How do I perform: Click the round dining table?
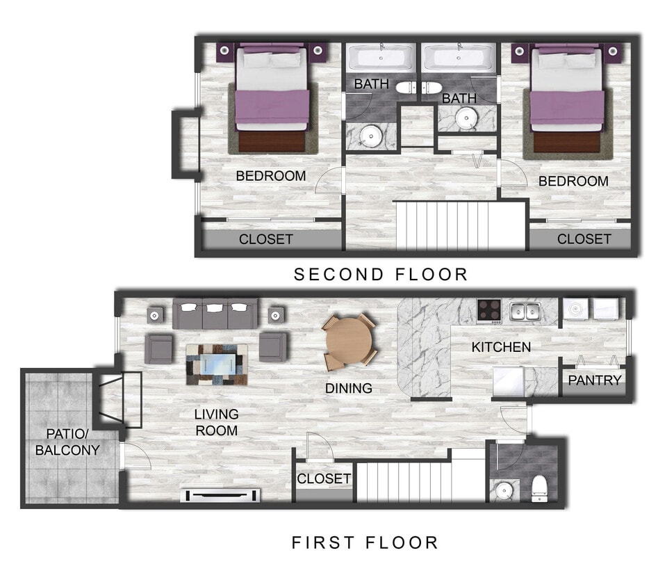click(x=349, y=341)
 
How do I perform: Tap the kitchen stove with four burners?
click(x=489, y=311)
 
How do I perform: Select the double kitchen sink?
click(x=525, y=311)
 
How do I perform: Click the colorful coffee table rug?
click(x=217, y=364)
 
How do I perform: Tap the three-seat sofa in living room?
click(x=215, y=314)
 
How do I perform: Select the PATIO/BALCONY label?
click(x=67, y=441)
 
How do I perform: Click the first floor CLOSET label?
click(x=324, y=479)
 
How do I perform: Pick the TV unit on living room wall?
click(x=220, y=495)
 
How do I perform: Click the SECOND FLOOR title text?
click(x=381, y=274)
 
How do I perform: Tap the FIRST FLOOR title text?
click(x=365, y=542)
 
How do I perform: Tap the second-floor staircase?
click(x=459, y=225)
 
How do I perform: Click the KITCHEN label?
click(x=501, y=346)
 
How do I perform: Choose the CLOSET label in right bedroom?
click(x=584, y=239)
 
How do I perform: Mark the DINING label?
click(x=349, y=388)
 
